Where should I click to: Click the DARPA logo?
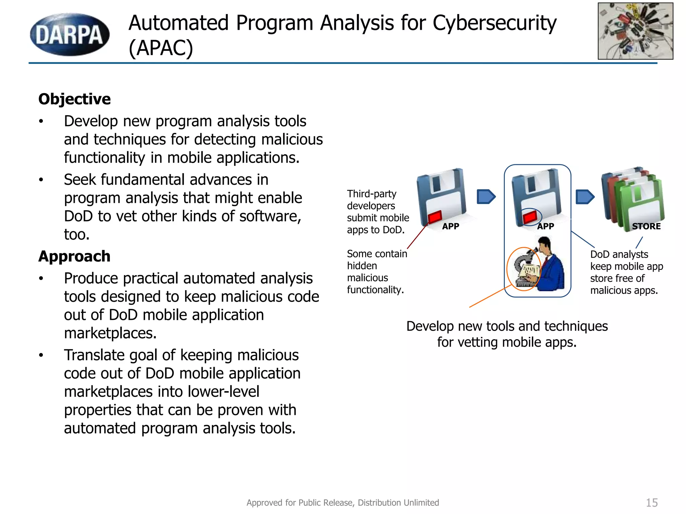point(70,34)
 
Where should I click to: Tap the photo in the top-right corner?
point(635,31)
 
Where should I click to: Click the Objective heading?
point(74,99)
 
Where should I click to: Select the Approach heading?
point(74,256)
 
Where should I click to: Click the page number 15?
point(651,503)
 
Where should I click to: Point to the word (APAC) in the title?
point(161,48)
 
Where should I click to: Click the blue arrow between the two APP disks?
point(486,196)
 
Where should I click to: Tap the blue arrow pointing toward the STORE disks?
point(585,197)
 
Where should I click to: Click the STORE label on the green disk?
point(646,226)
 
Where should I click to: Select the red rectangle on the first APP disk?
point(435,217)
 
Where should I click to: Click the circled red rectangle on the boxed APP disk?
point(530,217)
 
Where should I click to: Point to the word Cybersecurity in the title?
point(494,23)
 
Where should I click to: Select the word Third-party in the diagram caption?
point(371,194)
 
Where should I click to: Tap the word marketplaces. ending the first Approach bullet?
point(110,333)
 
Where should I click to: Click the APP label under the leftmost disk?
point(451,226)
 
